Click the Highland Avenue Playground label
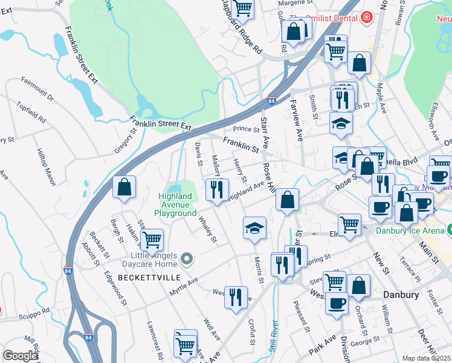pyautogui.click(x=177, y=204)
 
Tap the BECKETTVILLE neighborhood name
pyautogui.click(x=149, y=277)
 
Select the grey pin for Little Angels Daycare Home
pyautogui.click(x=187, y=260)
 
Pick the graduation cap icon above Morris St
pyautogui.click(x=254, y=228)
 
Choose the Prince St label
pyautogui.click(x=246, y=128)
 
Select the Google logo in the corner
pyautogui.click(x=20, y=356)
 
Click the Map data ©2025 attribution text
pyautogui.click(x=427, y=358)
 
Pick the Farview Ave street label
pyautogui.click(x=296, y=121)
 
